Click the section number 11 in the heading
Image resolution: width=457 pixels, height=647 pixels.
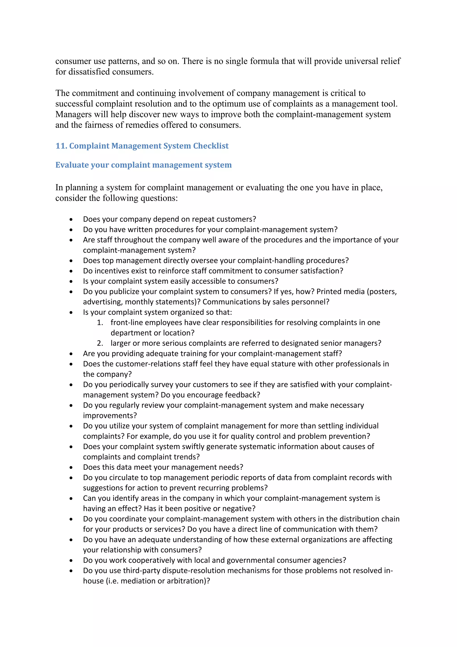pos(61,146)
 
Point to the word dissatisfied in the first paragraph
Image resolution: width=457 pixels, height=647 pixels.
pos(89,72)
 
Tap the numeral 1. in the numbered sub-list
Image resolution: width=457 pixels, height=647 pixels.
pos(100,322)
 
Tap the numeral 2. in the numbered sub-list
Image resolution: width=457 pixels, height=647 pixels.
pos(100,343)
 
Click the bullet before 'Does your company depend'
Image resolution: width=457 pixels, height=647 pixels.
pos(71,219)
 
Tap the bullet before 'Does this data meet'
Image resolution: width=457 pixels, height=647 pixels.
pos(71,468)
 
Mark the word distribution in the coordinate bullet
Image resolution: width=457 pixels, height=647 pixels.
pos(359,519)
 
